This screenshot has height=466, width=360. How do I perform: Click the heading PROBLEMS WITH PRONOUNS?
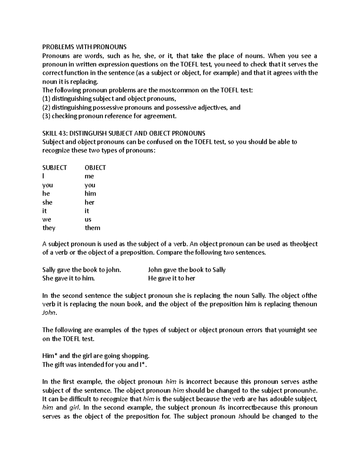click(x=84, y=47)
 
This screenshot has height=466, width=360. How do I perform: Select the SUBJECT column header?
click(x=54, y=168)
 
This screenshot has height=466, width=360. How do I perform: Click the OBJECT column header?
click(x=95, y=168)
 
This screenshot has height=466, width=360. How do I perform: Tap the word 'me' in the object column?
click(x=89, y=176)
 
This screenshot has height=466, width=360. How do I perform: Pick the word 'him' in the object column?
click(x=90, y=194)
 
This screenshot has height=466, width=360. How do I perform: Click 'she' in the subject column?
click(x=47, y=202)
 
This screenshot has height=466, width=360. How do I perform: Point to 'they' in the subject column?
click(x=49, y=228)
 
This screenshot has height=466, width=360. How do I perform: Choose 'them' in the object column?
click(x=92, y=228)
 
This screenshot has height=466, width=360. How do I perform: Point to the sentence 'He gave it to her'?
click(x=172, y=278)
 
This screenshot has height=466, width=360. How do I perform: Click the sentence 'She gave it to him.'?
click(x=69, y=278)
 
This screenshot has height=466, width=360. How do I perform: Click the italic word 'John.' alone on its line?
click(x=49, y=313)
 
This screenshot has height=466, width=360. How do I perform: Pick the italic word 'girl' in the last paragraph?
click(x=75, y=408)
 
